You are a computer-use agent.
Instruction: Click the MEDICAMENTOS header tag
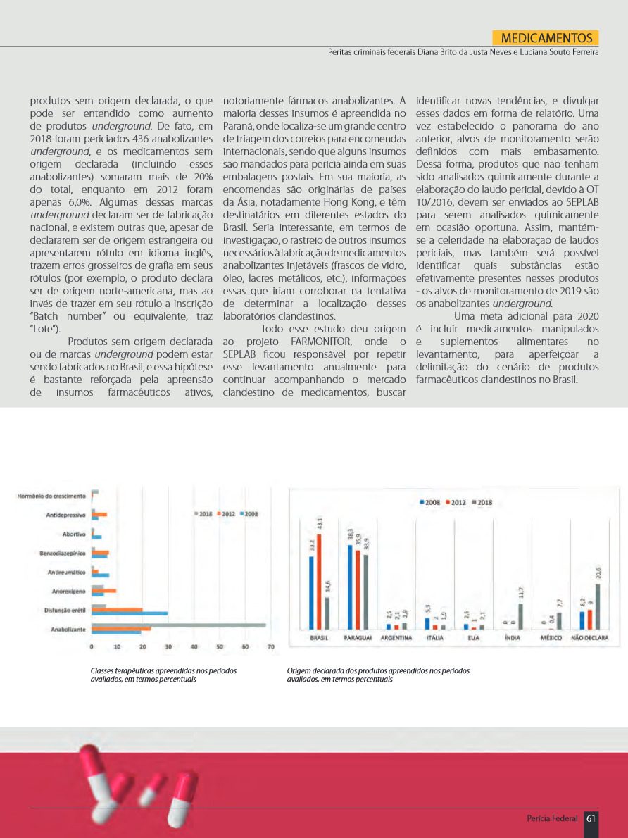546,38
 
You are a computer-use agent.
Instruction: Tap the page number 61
591,818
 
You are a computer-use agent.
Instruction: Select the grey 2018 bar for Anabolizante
179,625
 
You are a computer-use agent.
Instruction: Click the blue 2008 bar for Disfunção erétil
130,613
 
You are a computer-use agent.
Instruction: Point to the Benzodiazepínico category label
63,554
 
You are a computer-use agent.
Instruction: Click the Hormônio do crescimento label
52,496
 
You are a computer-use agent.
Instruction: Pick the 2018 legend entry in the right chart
482,502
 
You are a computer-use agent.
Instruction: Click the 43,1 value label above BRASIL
320,525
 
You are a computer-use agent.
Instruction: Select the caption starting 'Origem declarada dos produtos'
378,675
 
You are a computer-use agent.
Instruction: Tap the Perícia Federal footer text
552,818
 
